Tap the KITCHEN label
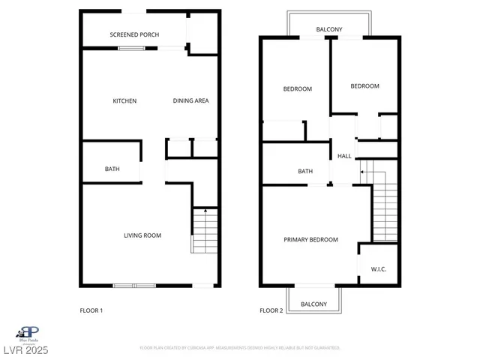click(124, 101)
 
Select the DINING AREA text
click(190, 101)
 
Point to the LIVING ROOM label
click(142, 235)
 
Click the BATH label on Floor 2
click(305, 171)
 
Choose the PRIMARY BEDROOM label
click(310, 240)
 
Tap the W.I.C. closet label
click(379, 269)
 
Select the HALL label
click(344, 156)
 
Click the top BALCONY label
click(329, 30)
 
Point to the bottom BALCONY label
click(313, 304)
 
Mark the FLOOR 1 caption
click(91, 310)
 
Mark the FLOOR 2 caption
click(271, 310)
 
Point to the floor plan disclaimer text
click(240, 348)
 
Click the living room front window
click(134, 285)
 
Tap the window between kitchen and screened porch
click(132, 49)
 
